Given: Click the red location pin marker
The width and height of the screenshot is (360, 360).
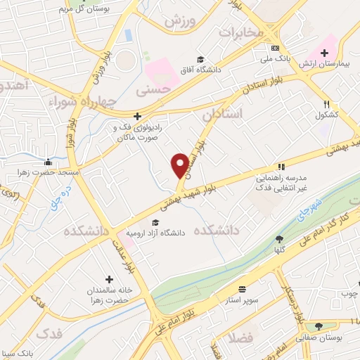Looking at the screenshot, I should click(180, 165).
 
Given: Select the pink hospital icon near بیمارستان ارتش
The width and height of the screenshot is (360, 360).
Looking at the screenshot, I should click(326, 53).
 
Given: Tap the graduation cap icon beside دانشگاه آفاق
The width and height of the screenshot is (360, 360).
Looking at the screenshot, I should click(201, 60).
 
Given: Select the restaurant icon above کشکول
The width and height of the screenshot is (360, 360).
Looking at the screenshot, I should click(326, 103).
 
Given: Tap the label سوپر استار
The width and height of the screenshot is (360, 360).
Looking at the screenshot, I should click(243, 300).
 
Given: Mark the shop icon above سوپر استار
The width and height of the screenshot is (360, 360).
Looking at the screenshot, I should click(243, 289).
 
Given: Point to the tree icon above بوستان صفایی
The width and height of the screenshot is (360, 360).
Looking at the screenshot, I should click(320, 326).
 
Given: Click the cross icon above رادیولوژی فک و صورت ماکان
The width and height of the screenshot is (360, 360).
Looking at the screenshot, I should click(138, 116).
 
